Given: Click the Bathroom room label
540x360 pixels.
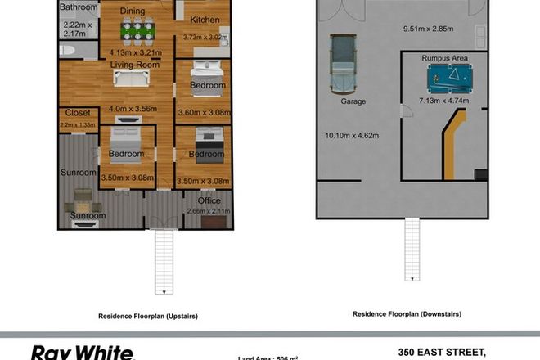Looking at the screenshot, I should pyautogui.click(x=79, y=7).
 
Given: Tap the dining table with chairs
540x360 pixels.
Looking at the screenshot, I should pyautogui.click(x=137, y=32).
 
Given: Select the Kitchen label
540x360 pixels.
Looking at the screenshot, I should pyautogui.click(x=204, y=19).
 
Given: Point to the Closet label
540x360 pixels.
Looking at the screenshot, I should pyautogui.click(x=77, y=113).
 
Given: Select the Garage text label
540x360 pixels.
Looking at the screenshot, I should pyautogui.click(x=353, y=101).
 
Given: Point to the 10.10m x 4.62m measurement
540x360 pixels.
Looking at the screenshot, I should pyautogui.click(x=352, y=135).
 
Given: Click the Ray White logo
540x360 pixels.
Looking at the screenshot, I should pyautogui.click(x=82, y=352).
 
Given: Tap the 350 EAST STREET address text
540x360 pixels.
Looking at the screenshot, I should pyautogui.click(x=442, y=353).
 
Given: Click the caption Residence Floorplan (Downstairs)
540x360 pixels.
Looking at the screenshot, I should pyautogui.click(x=407, y=313).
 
